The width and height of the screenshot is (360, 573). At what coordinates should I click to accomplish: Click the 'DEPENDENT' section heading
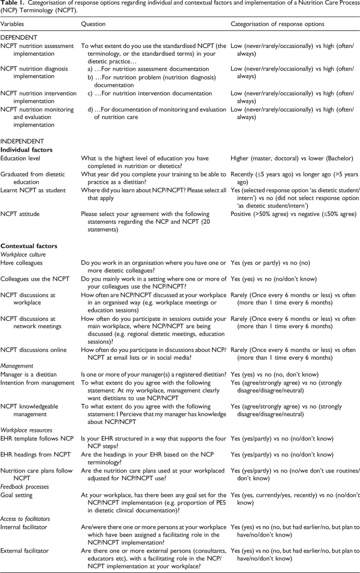point(18,37)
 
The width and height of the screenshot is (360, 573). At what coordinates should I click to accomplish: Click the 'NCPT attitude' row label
point(21,214)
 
